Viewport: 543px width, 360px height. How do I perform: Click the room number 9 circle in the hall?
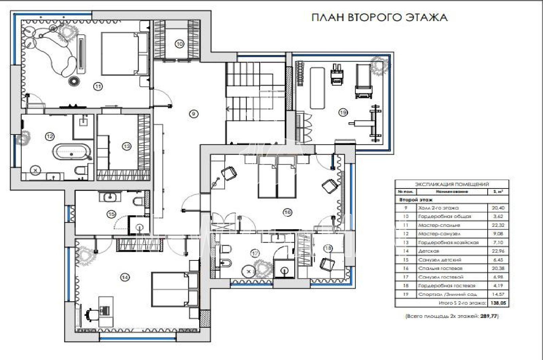193,114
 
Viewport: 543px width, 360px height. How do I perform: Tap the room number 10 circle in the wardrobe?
180,43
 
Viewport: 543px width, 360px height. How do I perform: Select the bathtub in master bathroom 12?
72,152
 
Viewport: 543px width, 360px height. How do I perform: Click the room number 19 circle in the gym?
343,112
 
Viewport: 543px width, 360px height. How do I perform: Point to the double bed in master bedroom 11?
124,53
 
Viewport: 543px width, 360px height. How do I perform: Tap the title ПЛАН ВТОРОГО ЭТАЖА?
379,17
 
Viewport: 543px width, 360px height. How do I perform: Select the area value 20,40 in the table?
498,208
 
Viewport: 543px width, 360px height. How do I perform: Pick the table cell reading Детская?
429,251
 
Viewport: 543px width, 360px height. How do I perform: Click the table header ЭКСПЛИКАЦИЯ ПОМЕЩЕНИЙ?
452,184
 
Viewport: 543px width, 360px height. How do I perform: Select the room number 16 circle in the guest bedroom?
287,213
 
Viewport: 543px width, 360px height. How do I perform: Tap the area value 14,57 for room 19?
498,294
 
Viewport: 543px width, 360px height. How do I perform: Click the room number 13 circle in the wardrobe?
127,146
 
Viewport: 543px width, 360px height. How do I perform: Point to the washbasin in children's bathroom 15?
110,197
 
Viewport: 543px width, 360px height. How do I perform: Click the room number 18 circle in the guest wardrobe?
327,249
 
